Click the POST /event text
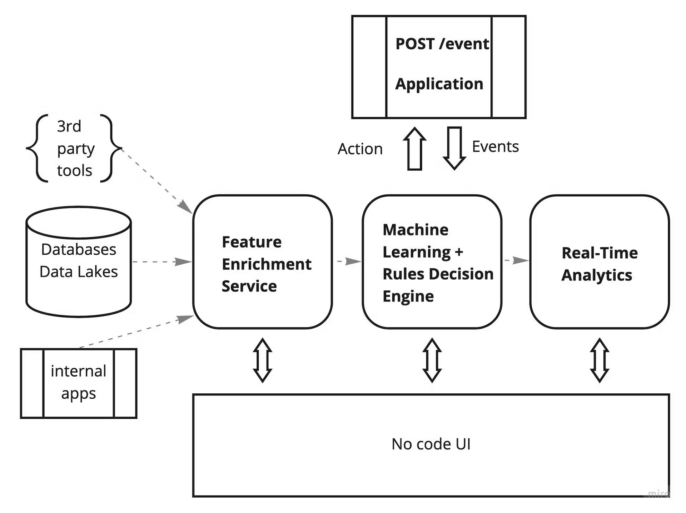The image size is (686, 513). (x=442, y=44)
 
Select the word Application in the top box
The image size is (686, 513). (x=439, y=84)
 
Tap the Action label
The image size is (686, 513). (x=360, y=149)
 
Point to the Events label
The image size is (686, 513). (x=495, y=146)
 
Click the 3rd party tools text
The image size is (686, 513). (x=75, y=149)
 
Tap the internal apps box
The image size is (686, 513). (x=79, y=383)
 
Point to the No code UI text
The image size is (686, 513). (x=431, y=444)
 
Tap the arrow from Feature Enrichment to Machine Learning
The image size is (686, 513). (x=348, y=261)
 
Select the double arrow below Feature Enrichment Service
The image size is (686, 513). (x=263, y=360)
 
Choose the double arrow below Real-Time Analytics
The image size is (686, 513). (x=600, y=360)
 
